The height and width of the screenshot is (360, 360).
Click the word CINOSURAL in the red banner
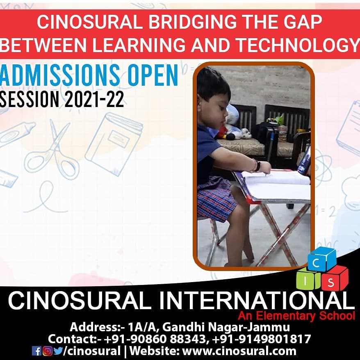[x=89, y=22]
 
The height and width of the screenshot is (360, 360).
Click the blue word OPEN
[x=153, y=75]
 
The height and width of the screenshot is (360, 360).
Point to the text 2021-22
[x=94, y=99]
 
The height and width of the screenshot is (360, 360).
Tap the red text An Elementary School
[x=296, y=316]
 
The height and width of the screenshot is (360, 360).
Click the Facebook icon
[x=37, y=351]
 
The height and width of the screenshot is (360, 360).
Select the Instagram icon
[x=47, y=351]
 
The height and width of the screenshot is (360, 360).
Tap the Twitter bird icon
[x=58, y=351]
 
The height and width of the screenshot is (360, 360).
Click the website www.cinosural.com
[x=239, y=351]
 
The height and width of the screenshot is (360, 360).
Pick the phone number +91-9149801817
[x=262, y=339]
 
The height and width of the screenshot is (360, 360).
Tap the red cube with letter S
[x=335, y=278]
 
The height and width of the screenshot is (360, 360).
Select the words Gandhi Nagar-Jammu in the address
[x=226, y=327]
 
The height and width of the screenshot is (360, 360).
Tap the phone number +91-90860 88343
[x=157, y=339]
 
